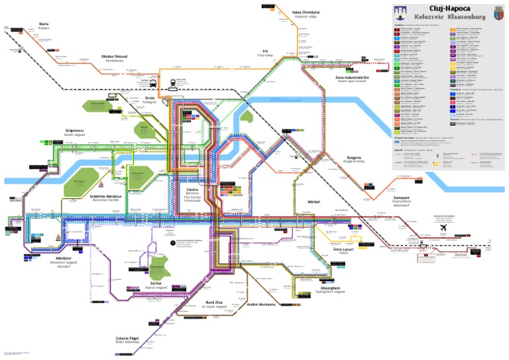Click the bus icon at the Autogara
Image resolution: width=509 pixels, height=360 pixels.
(154, 84)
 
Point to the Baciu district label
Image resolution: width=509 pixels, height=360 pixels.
(44, 23)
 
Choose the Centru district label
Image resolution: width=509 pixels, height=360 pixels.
(194, 189)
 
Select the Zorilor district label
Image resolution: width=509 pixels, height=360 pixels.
(156, 282)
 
